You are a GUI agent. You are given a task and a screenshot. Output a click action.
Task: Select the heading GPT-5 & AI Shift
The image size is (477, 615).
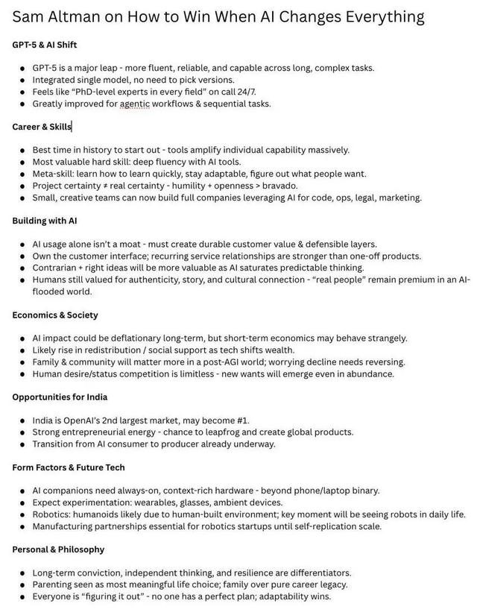coord(45,45)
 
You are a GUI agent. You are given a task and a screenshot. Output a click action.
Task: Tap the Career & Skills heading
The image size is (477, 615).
coord(42,127)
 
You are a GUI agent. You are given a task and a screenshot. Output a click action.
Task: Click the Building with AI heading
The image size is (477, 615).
coord(45,221)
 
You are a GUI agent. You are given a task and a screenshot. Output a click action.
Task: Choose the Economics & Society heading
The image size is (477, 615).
coord(55,315)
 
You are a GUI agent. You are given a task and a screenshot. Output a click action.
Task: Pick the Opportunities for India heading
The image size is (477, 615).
coord(60,397)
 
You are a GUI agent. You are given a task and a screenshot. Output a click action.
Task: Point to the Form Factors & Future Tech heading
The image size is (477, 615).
coord(69,467)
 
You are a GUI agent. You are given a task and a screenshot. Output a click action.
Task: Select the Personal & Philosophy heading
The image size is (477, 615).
coord(58,549)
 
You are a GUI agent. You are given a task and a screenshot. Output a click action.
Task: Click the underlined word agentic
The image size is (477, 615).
coord(134,104)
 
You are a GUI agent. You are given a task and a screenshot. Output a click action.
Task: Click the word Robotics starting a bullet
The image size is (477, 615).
coord(53,514)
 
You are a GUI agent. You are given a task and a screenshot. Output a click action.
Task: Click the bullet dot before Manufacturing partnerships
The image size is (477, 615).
coord(22,526)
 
